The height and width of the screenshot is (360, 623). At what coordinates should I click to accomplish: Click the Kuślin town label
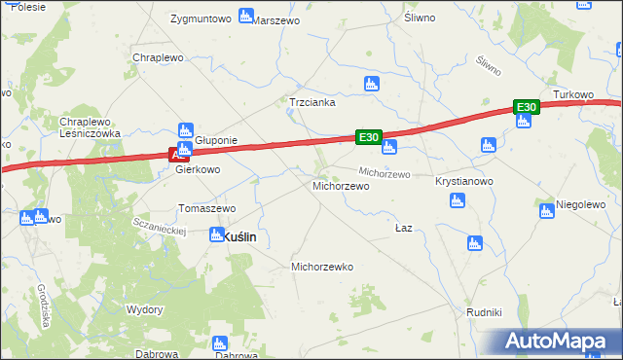coord(239,236)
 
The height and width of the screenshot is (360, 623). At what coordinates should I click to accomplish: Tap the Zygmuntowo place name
coord(200,18)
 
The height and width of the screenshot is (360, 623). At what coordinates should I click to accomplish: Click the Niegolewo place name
coord(582,204)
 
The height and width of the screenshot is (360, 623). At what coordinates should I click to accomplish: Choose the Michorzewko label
coord(323,266)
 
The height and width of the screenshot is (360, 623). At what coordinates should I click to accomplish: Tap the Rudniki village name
coord(483,312)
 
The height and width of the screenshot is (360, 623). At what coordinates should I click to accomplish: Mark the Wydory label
coord(144,309)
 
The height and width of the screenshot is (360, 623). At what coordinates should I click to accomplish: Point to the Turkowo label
coord(573,94)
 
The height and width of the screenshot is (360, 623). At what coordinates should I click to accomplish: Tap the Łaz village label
coord(405,228)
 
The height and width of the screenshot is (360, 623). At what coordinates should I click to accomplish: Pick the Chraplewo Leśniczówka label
coord(90,127)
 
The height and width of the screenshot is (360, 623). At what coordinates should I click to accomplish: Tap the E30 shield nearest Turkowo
coord(526,106)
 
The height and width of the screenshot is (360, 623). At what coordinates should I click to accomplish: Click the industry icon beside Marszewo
coord(245,16)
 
